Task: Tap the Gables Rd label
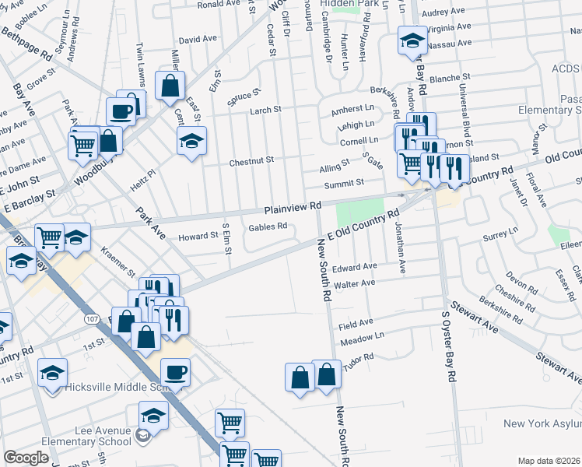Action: pyautogui.click(x=268, y=227)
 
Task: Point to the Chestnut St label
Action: pyautogui.click(x=251, y=161)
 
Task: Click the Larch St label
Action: pyautogui.click(x=265, y=111)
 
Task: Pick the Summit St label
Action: pyautogui.click(x=349, y=183)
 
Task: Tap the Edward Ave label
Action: pyautogui.click(x=354, y=267)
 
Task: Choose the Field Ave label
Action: pyautogui.click(x=356, y=321)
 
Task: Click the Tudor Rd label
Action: pyautogui.click(x=359, y=357)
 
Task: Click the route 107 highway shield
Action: pyautogui.click(x=92, y=320)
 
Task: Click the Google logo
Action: pyautogui.click(x=26, y=458)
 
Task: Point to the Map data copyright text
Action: pyautogui.click(x=549, y=461)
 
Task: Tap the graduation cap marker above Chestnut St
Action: pyautogui.click(x=191, y=142)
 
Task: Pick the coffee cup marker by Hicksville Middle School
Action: pyautogui.click(x=175, y=372)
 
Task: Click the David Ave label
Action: pyautogui.click(x=198, y=39)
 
